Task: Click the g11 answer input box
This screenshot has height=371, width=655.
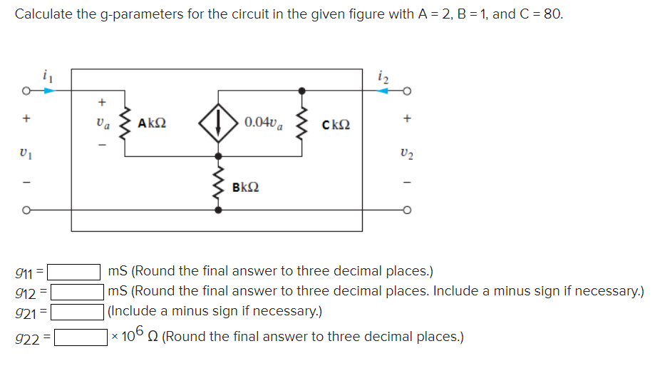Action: coord(74,271)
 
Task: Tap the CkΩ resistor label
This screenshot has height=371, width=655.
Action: coord(336,125)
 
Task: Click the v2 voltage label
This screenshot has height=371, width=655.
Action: coord(408,153)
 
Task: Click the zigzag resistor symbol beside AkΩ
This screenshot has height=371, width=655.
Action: coord(125,123)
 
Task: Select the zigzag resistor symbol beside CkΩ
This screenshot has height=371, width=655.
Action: coord(302,123)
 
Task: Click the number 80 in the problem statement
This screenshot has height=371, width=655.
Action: coord(551,14)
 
